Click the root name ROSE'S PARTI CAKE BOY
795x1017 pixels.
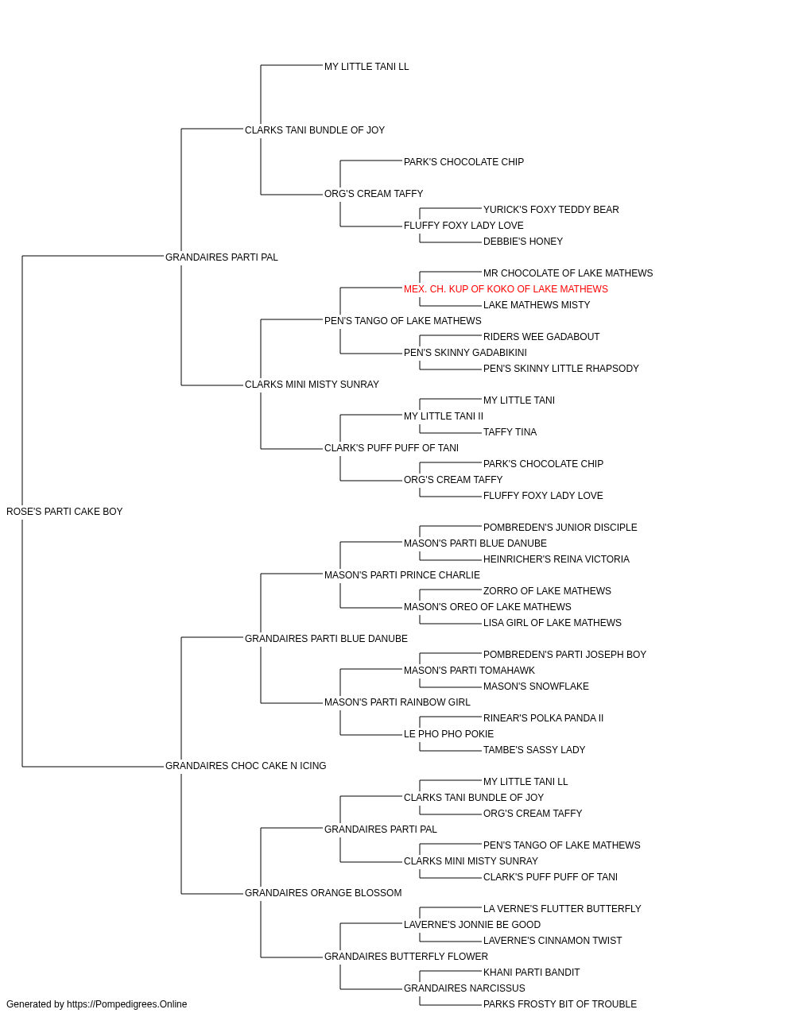coord(64,512)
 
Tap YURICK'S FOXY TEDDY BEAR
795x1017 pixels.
coord(551,210)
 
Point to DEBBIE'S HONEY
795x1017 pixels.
coord(523,242)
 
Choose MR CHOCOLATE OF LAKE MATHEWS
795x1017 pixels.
coord(568,273)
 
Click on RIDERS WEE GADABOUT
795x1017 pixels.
coord(541,337)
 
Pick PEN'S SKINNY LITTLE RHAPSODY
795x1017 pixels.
coord(561,369)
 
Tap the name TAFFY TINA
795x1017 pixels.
coord(510,432)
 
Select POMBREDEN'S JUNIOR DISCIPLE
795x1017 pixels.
coord(560,528)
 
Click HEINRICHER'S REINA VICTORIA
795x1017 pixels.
coord(556,559)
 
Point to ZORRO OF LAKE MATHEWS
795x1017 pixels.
coord(547,591)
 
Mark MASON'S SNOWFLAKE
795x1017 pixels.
coord(536,686)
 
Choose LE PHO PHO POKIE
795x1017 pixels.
coord(448,734)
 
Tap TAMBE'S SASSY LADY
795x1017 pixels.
coord(534,750)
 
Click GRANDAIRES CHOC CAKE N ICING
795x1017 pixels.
coord(246,766)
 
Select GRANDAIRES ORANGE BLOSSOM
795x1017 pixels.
coord(323,893)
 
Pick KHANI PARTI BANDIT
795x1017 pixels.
coord(531,973)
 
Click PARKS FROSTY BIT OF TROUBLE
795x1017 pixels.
coord(560,1004)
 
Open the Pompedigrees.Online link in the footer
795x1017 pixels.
coord(127,1004)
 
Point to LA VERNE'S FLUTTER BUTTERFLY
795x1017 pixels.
coord(562,909)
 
